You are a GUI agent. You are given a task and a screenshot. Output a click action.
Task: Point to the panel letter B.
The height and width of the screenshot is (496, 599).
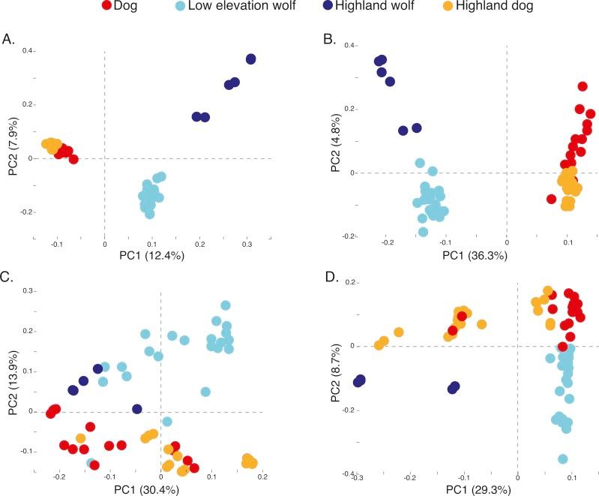pos(307,35)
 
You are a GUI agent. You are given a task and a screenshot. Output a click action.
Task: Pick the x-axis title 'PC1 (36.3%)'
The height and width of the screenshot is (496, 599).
pos(446,256)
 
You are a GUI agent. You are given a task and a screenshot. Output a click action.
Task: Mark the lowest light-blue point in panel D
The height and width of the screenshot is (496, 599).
pos(562,458)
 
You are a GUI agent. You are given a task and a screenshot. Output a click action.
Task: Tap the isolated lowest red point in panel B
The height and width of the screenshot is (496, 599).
pos(552,199)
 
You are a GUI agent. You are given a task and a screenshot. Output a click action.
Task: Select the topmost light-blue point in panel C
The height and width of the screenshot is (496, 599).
pos(225,305)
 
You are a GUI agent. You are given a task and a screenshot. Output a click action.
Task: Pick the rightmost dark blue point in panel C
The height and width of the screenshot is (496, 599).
pos(137,409)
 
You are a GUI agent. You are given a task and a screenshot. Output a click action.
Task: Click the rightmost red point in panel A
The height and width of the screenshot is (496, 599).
pos(73,159)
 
